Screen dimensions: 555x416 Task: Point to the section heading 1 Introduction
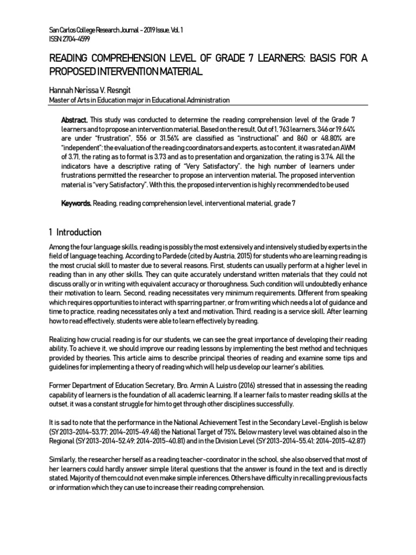(75, 232)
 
